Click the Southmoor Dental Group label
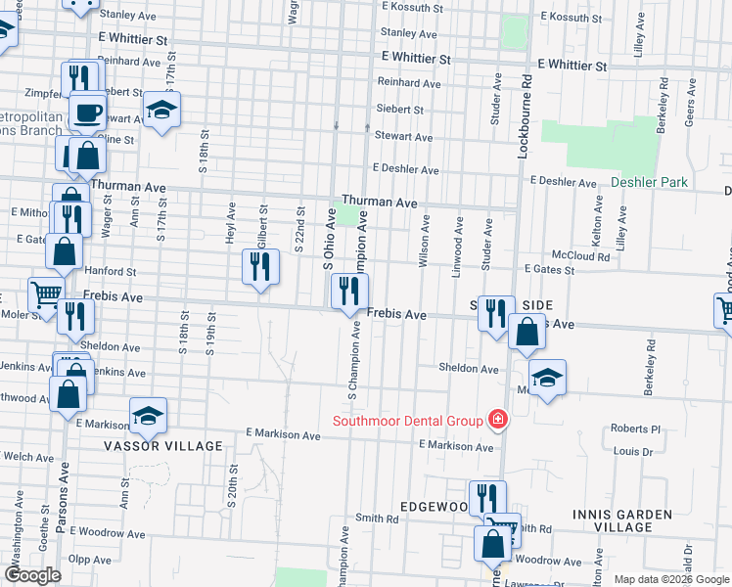[x=408, y=421]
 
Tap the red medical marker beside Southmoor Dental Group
[x=497, y=420]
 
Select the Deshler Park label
[x=649, y=182]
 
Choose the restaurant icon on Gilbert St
[x=260, y=267]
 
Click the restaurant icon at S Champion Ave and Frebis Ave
[x=349, y=291]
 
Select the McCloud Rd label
[x=580, y=256]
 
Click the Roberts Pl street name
[x=636, y=429]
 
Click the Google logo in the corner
[x=32, y=575]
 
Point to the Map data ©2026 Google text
[x=670, y=579]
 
